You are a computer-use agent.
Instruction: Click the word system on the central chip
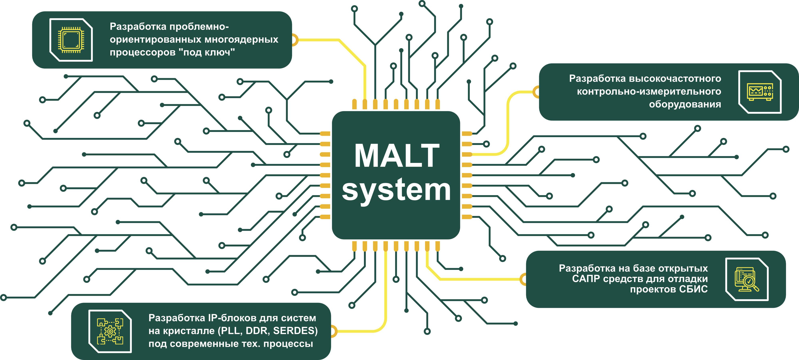click(x=396, y=190)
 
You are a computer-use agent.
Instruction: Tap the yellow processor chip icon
click(x=71, y=40)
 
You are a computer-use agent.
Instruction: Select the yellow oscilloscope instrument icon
click(x=760, y=92)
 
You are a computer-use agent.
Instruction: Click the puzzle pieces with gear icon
click(x=110, y=331)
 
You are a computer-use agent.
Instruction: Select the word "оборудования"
click(x=685, y=104)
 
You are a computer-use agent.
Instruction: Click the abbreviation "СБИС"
click(x=693, y=289)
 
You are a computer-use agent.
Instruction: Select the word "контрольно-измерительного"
click(x=649, y=92)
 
